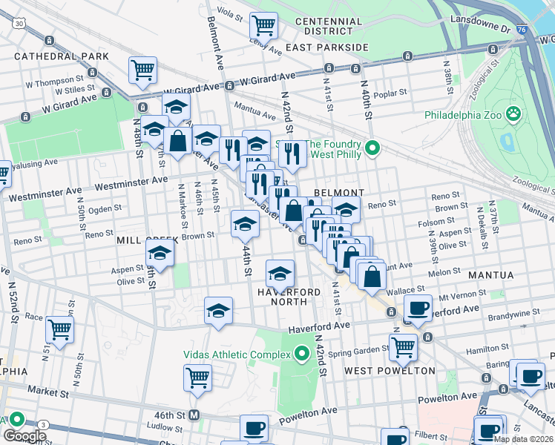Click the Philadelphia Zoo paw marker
coord(513,114)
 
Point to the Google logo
coord(24,436)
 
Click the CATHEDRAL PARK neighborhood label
coord(61,56)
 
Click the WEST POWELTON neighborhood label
coord(390,370)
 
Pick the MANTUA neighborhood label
coord(490,275)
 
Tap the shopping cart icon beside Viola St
coord(263,25)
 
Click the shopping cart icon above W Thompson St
coord(142,70)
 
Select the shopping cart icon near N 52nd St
coord(59,329)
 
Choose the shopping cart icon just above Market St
coord(197,377)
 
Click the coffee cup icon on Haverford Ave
coord(418,308)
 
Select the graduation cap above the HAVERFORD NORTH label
coord(280,274)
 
